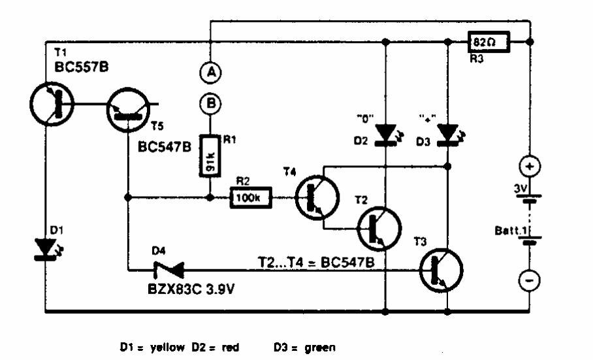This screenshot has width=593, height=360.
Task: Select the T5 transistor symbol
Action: tap(127, 108)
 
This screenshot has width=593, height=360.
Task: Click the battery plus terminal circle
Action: tap(530, 167)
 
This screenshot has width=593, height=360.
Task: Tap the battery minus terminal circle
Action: tap(530, 281)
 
